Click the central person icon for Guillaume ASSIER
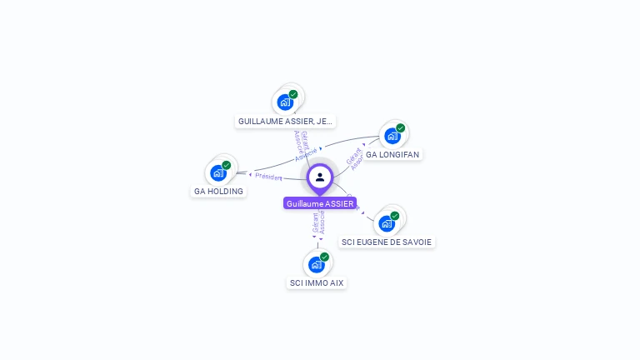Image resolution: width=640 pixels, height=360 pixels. (x=320, y=177)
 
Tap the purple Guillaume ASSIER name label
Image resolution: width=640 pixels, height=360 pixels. (x=320, y=203)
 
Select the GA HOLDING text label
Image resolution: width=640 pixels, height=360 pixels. (x=218, y=191)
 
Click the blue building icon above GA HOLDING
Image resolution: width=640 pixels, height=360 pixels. (x=218, y=172)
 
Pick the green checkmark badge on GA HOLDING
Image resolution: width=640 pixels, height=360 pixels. (x=227, y=165)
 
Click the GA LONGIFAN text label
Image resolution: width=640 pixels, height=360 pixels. (x=392, y=154)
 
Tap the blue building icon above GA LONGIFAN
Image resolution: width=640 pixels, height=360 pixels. (x=392, y=136)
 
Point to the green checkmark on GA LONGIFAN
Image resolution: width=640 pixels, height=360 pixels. (x=400, y=128)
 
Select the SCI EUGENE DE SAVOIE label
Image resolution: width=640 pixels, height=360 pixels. (x=387, y=242)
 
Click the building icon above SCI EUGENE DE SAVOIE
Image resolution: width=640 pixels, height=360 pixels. (x=386, y=223)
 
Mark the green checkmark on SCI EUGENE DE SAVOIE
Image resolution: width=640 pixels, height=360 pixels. (x=395, y=216)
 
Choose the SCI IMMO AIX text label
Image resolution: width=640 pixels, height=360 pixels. (x=316, y=282)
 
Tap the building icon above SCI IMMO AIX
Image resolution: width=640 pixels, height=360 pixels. (x=316, y=265)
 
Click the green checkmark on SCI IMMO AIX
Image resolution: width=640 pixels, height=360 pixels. (x=324, y=257)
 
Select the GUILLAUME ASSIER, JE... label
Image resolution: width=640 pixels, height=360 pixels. (x=285, y=121)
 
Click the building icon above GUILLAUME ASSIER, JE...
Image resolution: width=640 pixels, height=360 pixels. (x=285, y=102)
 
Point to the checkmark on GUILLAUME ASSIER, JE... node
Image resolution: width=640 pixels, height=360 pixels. (x=293, y=94)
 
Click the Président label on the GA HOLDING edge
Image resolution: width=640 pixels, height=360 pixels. (x=268, y=177)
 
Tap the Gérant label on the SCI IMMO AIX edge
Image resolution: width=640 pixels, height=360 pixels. (x=315, y=222)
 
